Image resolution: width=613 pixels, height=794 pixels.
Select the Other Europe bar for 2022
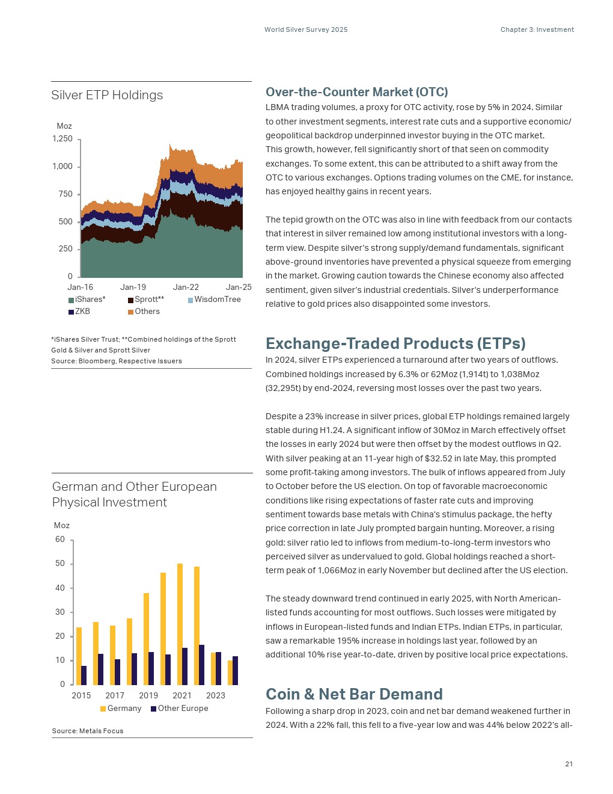[201, 665]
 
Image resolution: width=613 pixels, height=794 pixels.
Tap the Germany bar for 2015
[79, 656]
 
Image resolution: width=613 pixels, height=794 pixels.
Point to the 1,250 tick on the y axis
[63, 139]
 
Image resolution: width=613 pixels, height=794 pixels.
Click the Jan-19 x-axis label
[133, 288]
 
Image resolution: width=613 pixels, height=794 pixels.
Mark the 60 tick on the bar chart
[60, 540]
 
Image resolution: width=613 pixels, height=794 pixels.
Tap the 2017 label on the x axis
[115, 696]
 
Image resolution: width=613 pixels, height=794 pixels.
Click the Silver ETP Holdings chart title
[107, 95]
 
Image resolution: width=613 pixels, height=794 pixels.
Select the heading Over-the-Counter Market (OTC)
[357, 92]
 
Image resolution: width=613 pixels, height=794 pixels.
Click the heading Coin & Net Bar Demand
[354, 694]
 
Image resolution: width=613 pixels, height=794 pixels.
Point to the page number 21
[569, 764]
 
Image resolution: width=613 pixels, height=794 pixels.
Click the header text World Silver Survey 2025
[306, 29]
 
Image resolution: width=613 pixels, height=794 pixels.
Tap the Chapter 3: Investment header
[537, 29]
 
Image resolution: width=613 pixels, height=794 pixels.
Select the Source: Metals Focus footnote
[88, 731]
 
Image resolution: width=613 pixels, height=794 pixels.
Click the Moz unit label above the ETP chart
[64, 126]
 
